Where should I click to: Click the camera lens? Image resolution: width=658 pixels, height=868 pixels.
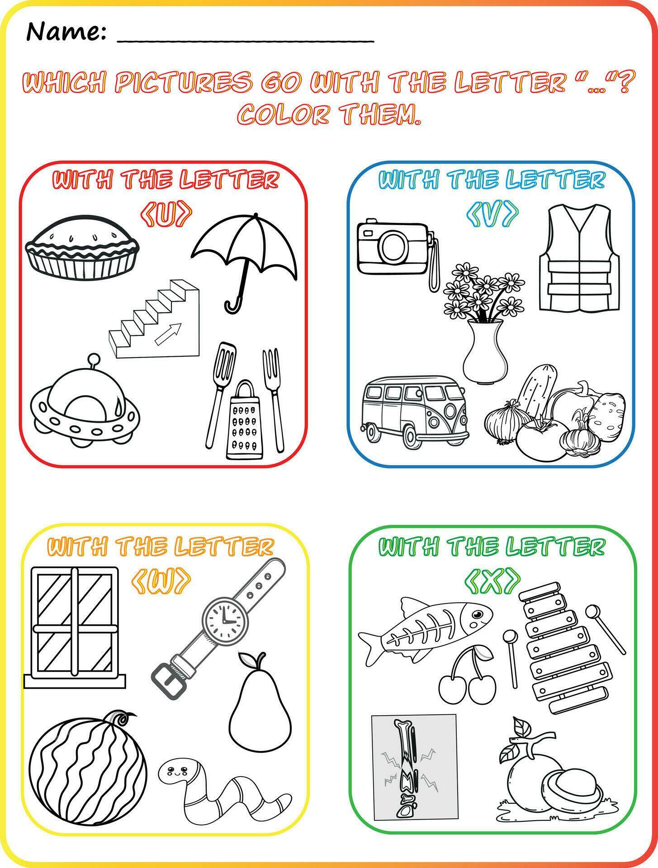pos(393,248)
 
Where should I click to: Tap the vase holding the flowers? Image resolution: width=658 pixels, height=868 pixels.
pos(485,350)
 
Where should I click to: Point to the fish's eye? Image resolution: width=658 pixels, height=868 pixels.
pos(478,614)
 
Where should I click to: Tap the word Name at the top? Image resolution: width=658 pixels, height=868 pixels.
pos(66,32)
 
